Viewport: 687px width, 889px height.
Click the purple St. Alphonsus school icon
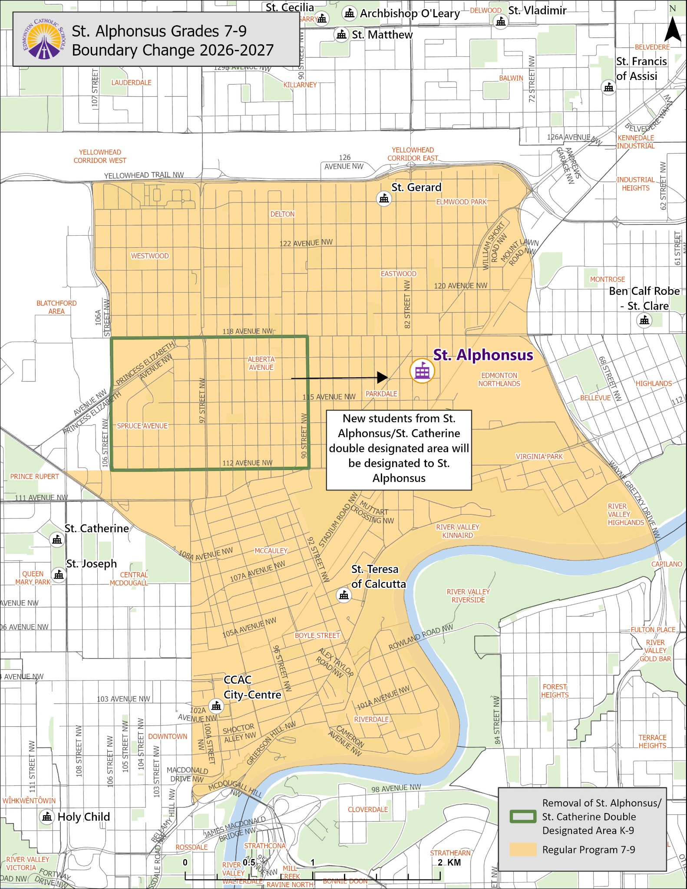pos(422,371)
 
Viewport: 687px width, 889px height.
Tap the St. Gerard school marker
pos(384,199)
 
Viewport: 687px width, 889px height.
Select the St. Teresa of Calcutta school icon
pos(344,595)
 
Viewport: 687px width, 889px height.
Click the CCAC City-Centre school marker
pos(216,706)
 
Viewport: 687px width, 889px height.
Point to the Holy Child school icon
pos(47,817)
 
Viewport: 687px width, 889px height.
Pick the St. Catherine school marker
pos(57,540)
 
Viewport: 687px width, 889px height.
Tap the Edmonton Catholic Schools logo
pos(44,40)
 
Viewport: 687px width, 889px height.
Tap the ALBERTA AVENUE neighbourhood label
pos(261,363)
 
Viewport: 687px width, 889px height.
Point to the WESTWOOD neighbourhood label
pos(150,256)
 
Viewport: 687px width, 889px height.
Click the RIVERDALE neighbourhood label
pos(371,719)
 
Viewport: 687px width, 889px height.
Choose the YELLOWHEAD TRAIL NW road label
pos(144,175)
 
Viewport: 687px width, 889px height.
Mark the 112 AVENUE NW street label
pos(247,463)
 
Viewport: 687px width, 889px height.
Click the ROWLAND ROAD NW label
pos(420,637)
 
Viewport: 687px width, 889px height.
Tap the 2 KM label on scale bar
pos(449,862)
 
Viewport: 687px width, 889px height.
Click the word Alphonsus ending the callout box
pos(399,478)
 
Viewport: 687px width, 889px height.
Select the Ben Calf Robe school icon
pos(644,320)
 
